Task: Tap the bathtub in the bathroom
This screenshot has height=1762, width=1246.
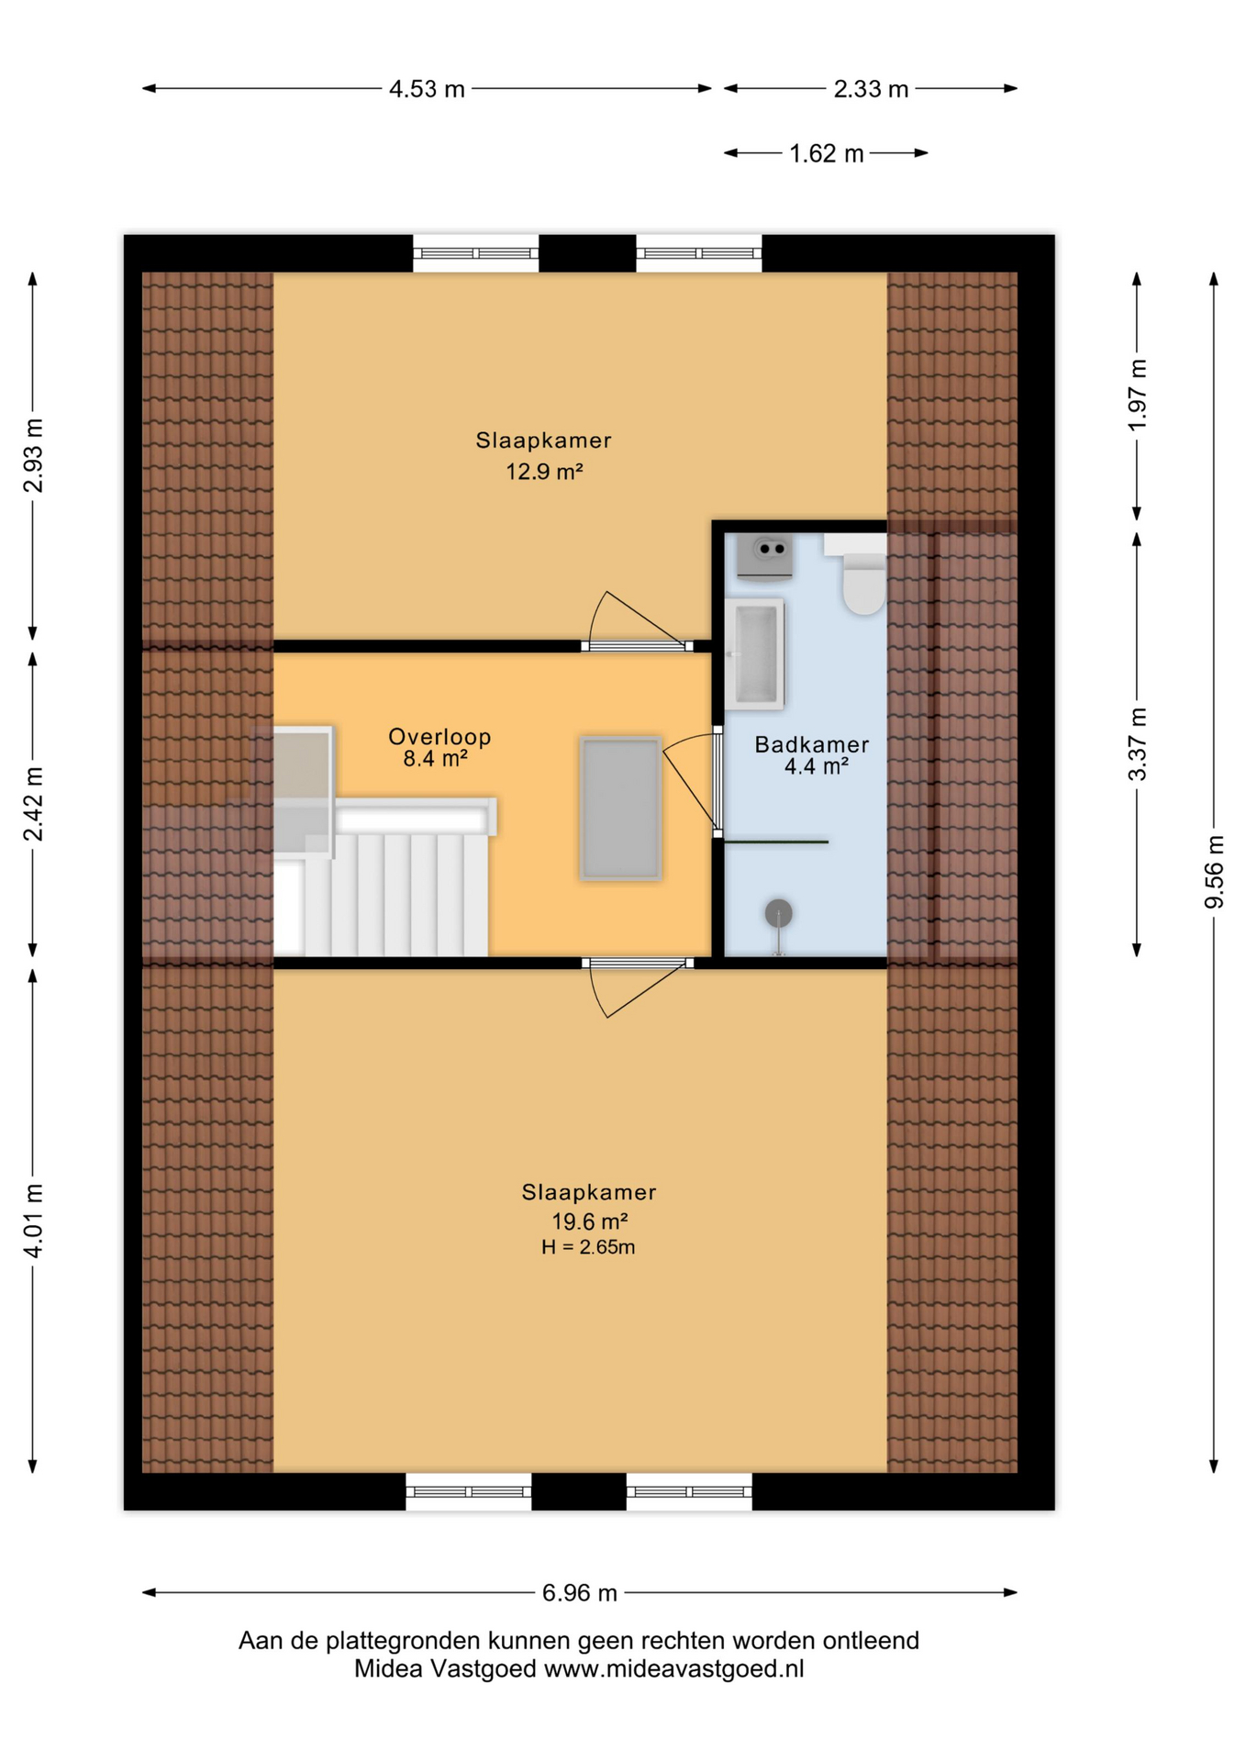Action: pyautogui.click(x=754, y=654)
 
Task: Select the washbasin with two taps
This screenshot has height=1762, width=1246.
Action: pyautogui.click(x=766, y=557)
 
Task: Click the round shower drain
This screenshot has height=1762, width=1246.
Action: pyautogui.click(x=779, y=913)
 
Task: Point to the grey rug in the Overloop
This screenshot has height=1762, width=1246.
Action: pyautogui.click(x=621, y=809)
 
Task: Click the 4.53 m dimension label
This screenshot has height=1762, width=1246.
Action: pyautogui.click(x=427, y=89)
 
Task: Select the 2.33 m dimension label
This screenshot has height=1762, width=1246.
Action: pyautogui.click(x=871, y=89)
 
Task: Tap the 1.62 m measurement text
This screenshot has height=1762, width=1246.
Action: pyautogui.click(x=827, y=153)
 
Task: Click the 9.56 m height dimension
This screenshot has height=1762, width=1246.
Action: pyautogui.click(x=1214, y=872)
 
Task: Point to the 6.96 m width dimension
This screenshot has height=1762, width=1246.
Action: pyautogui.click(x=580, y=1592)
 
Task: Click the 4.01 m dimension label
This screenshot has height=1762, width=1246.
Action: pyautogui.click(x=33, y=1221)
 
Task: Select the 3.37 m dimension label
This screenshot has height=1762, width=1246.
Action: pyautogui.click(x=1137, y=744)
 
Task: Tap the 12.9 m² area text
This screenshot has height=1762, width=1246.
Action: pyautogui.click(x=545, y=472)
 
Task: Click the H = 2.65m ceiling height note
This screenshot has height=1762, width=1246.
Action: pyautogui.click(x=588, y=1247)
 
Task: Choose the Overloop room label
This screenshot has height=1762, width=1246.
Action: pyautogui.click(x=439, y=736)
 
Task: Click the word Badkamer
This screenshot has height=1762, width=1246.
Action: pyautogui.click(x=812, y=744)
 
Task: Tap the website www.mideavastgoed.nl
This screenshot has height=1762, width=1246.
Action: pyautogui.click(x=674, y=1668)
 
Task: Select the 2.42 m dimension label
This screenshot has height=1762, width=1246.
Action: pyautogui.click(x=33, y=804)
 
